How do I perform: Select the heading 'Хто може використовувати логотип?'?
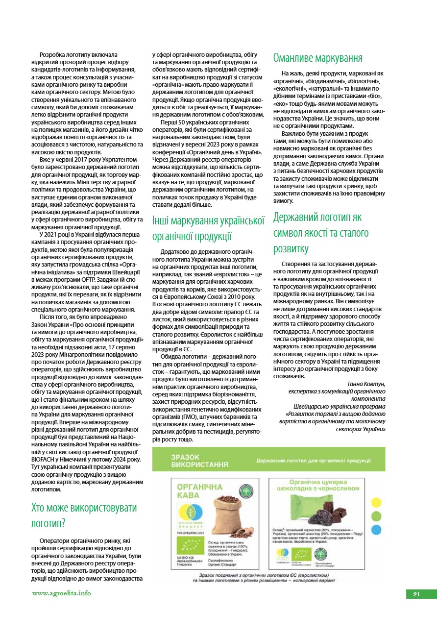pyautogui.click(x=84, y=514)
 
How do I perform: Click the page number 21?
pyautogui.click(x=416, y=594)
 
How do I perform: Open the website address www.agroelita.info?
pyautogui.click(x=62, y=593)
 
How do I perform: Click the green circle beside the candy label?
pyautogui.click(x=377, y=516)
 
